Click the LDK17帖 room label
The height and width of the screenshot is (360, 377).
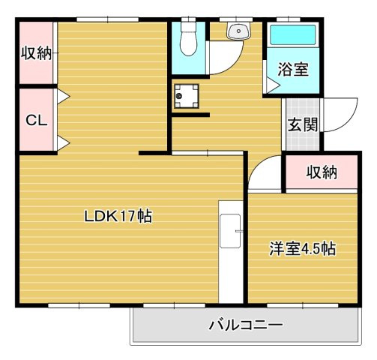pos(118,217)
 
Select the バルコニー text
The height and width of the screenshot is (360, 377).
pos(246,325)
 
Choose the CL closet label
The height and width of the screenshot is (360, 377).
pos(35,120)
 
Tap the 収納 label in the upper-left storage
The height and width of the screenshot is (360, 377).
pos(35,54)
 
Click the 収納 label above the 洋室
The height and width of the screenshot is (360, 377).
pos(322,172)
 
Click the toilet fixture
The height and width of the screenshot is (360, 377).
pos(188,39)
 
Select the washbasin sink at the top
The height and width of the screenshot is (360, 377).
pos(239,31)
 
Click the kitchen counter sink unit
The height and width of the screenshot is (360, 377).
pos(230,232)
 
